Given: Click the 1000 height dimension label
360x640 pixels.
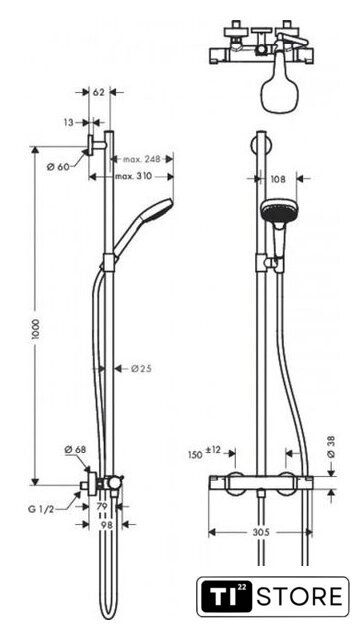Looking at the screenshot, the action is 36,331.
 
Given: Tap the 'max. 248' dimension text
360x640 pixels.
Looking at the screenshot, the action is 142,159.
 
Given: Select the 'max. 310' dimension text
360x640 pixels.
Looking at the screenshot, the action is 133,176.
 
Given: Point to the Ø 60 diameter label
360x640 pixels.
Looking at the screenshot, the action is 58,167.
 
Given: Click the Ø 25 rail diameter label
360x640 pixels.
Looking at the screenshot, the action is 141,369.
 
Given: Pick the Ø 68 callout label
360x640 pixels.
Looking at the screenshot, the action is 76,450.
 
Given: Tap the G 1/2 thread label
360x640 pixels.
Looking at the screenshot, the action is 41,509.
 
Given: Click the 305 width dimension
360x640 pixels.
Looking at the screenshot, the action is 261,532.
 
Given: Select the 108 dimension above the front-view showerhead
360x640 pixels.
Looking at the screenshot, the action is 278,179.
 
